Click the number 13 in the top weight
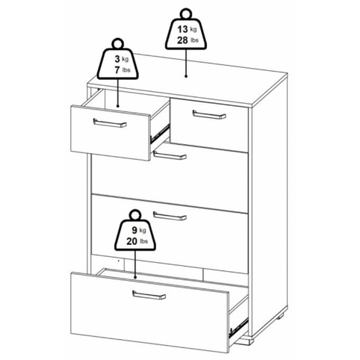(x=182, y=29)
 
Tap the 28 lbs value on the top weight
(x=187, y=40)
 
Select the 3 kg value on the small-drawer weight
(x=122, y=59)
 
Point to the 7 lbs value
(x=122, y=70)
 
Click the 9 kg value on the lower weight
(x=139, y=230)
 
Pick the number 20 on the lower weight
(x=131, y=241)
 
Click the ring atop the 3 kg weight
(x=117, y=43)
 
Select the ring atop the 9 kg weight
(x=135, y=215)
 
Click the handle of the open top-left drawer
(x=110, y=122)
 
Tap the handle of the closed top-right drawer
(x=209, y=114)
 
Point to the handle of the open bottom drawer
(x=149, y=295)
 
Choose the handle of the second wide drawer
(x=170, y=216)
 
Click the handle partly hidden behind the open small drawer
(x=170, y=155)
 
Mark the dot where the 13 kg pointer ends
(x=186, y=76)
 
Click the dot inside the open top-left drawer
(x=118, y=106)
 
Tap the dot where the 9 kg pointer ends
(x=135, y=277)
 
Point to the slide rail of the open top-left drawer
(x=160, y=132)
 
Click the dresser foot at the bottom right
(x=279, y=317)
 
